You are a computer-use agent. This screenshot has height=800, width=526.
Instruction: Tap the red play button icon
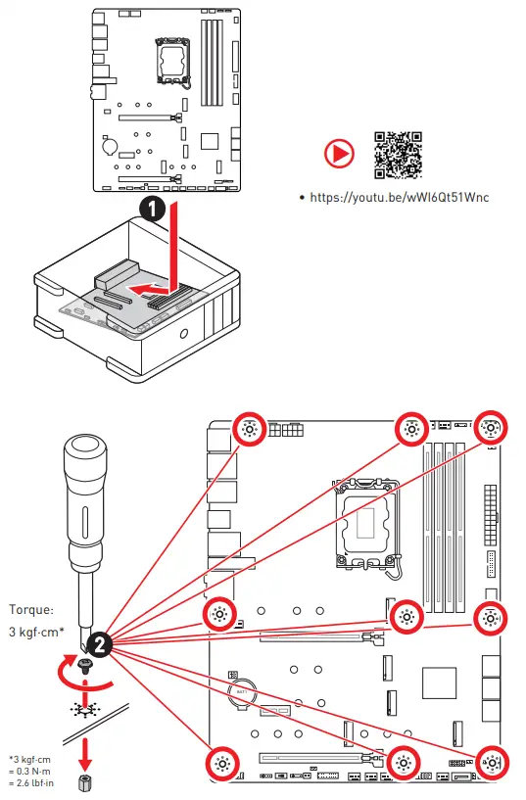pyautogui.click(x=338, y=154)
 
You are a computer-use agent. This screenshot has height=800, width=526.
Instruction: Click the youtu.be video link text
pyautogui.click(x=399, y=197)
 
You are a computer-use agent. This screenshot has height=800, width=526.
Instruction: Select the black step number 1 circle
pyautogui.click(x=149, y=209)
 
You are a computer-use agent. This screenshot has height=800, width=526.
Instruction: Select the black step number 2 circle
pyautogui.click(x=99, y=643)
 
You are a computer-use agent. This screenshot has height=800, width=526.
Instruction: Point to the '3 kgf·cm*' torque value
pyautogui.click(x=36, y=632)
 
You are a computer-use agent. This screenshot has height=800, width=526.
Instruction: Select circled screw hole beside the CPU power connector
pyautogui.click(x=249, y=429)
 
